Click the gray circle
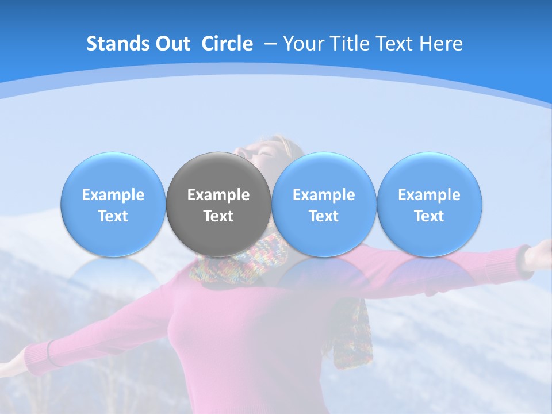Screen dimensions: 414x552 pyautogui.click(x=218, y=205)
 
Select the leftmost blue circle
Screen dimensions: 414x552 pyautogui.click(x=113, y=205)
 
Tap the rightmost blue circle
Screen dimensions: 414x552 pyautogui.click(x=430, y=205)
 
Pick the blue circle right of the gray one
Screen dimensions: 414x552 pyautogui.click(x=324, y=205)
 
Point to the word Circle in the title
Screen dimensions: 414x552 pyautogui.click(x=227, y=44)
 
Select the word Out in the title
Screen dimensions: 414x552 pyautogui.click(x=172, y=44)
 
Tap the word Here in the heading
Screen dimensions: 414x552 pyautogui.click(x=442, y=44)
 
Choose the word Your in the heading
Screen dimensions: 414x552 pyautogui.click(x=301, y=44)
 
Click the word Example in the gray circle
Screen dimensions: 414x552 pyautogui.click(x=218, y=195)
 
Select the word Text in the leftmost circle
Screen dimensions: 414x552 pyautogui.click(x=113, y=216)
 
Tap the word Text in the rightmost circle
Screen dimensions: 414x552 pyautogui.click(x=430, y=216)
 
